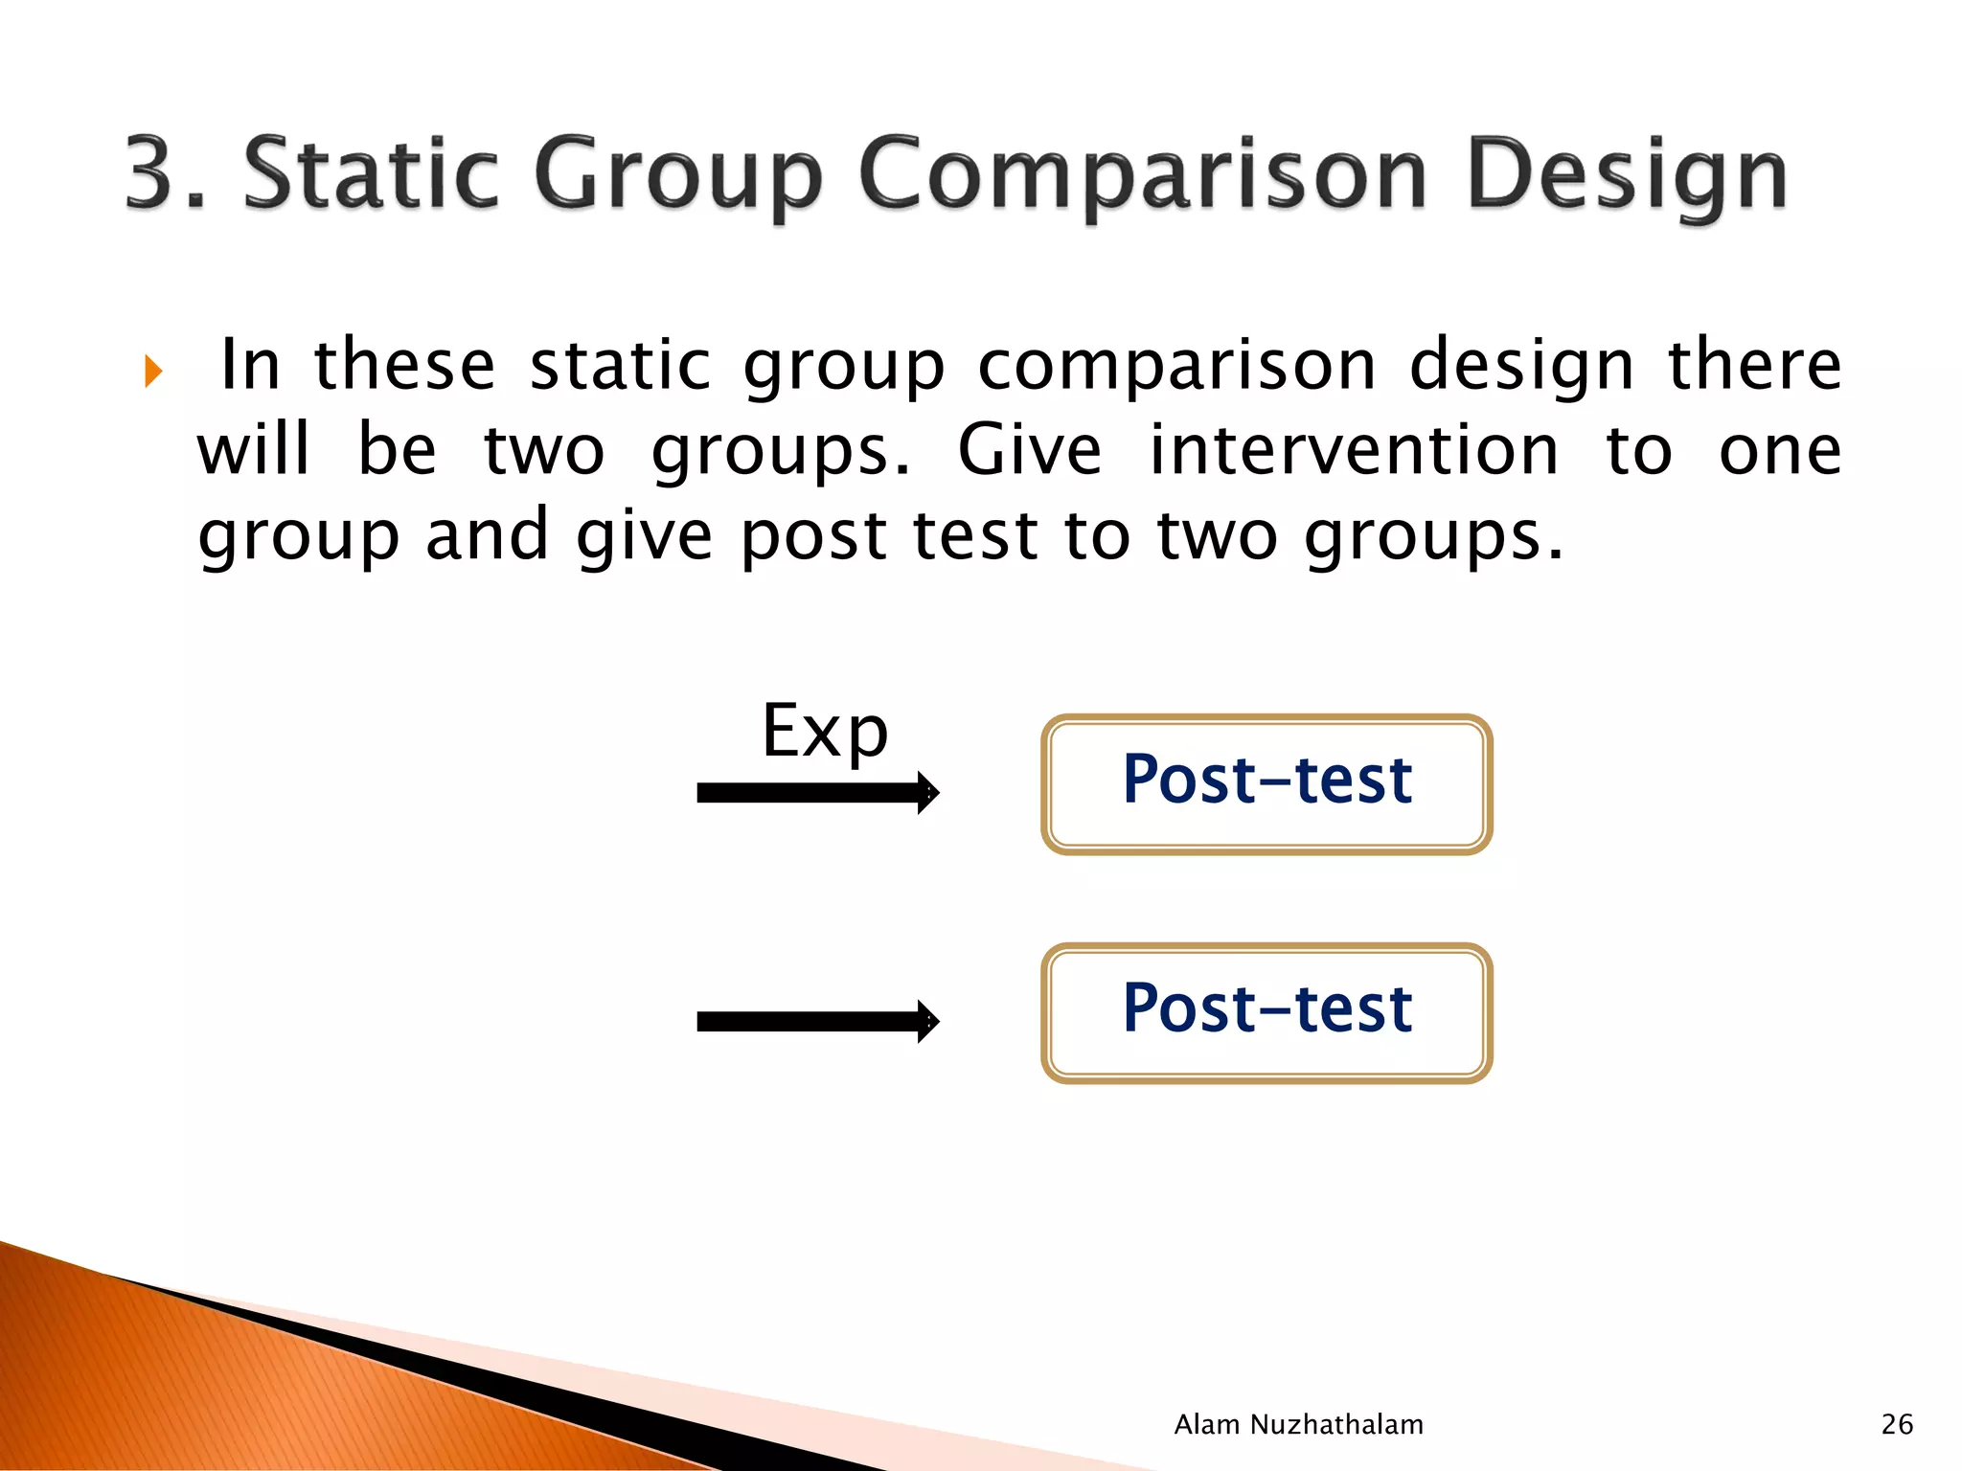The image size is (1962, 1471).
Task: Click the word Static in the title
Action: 371,173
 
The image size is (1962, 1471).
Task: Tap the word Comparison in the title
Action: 1143,173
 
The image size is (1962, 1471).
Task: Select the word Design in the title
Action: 1627,173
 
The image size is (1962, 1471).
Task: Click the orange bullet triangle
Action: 153,371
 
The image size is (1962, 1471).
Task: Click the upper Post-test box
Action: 1266,783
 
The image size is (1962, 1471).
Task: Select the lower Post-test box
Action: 1266,1012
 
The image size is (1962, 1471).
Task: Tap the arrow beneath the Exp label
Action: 817,793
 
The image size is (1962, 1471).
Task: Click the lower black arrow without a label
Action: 817,1022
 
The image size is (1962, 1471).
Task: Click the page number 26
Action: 1897,1424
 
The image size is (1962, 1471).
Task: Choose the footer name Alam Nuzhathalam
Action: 1298,1424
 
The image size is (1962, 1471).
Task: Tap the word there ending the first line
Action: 1754,365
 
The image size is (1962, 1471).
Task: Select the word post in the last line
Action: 813,535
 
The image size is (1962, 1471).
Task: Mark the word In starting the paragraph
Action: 251,365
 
